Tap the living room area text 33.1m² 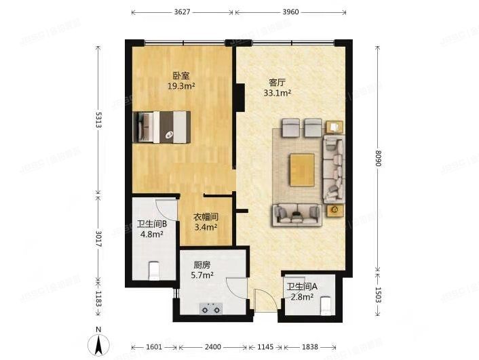click(x=277, y=93)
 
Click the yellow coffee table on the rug click(x=301, y=168)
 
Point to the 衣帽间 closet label click(x=206, y=217)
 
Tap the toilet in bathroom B click(x=154, y=271)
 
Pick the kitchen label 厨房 click(x=201, y=265)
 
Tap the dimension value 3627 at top click(x=182, y=12)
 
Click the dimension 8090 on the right click(x=377, y=158)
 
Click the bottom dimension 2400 click(x=213, y=347)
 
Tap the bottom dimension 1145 click(x=265, y=347)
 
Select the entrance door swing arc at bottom click(x=262, y=299)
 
